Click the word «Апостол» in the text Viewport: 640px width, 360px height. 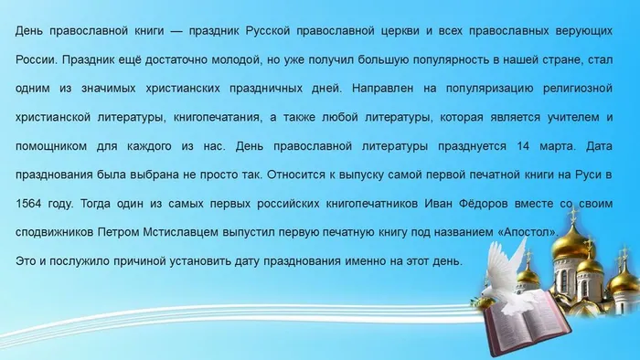(528, 232)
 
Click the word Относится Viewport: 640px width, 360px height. (281, 175)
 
